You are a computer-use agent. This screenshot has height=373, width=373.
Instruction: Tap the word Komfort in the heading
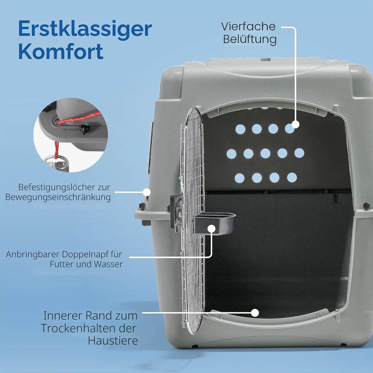click(x=61, y=51)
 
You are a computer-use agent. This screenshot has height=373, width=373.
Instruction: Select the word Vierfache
click(x=248, y=26)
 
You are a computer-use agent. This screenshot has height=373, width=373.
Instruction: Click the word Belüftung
click(x=250, y=39)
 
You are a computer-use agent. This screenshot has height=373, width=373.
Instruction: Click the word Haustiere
click(x=113, y=341)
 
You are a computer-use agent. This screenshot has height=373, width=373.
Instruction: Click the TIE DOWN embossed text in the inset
click(x=70, y=130)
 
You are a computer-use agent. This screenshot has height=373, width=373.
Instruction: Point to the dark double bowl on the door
click(x=214, y=223)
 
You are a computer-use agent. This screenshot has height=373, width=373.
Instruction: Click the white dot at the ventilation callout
click(x=295, y=124)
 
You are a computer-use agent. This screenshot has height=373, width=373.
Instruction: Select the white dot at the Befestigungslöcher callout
click(x=147, y=192)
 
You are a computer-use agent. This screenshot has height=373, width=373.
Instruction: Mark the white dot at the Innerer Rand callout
click(x=255, y=313)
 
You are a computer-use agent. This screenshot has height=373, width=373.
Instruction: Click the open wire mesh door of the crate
click(x=193, y=221)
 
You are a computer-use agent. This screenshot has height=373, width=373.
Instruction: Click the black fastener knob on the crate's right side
click(x=366, y=206)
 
